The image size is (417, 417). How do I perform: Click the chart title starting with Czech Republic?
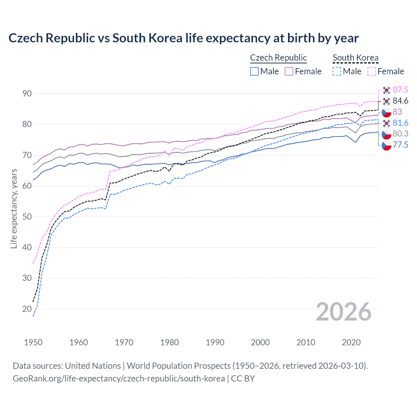click(x=183, y=38)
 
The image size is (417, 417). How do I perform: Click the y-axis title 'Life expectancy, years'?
click(x=14, y=209)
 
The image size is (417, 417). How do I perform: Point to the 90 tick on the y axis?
click(x=27, y=94)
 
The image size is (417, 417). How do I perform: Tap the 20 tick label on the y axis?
click(x=27, y=309)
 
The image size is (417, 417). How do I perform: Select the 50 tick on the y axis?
click(x=27, y=217)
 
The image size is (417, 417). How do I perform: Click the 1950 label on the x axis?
click(x=33, y=342)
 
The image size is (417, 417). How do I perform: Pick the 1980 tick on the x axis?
click(x=169, y=342)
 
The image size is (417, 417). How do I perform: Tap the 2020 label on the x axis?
click(x=351, y=342)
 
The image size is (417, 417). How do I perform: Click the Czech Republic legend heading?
click(x=278, y=58)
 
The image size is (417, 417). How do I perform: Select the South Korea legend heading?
click(x=355, y=58)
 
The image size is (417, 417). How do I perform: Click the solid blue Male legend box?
click(x=254, y=71)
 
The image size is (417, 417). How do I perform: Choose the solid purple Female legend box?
click(x=289, y=71)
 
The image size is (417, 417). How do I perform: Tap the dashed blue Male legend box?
click(x=337, y=71)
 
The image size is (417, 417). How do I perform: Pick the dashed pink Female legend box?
click(x=372, y=71)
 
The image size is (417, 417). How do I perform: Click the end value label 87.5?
click(x=400, y=90)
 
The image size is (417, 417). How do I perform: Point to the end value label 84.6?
click(x=400, y=101)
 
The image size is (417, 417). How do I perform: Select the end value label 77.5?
click(x=400, y=145)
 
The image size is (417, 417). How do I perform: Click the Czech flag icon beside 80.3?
click(x=386, y=134)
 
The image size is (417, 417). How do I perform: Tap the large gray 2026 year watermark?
click(x=343, y=312)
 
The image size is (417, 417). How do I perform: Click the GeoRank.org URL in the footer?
click(x=119, y=379)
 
